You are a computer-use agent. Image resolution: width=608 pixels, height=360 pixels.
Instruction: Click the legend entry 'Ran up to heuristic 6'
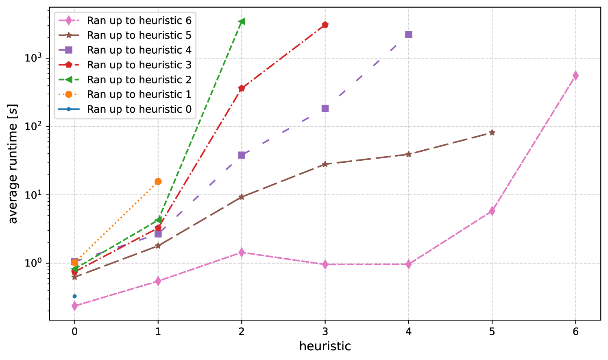click(x=139, y=21)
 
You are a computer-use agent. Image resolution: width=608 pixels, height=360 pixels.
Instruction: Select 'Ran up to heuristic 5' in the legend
click(x=139, y=35)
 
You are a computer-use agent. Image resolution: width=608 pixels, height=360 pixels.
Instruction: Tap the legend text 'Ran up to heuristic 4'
click(x=139, y=50)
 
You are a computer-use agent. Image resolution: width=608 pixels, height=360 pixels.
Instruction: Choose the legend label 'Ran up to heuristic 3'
click(x=139, y=65)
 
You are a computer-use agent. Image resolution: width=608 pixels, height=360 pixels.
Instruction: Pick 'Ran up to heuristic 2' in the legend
click(x=139, y=80)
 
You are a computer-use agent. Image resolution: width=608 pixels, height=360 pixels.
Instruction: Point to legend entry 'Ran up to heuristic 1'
click(x=139, y=94)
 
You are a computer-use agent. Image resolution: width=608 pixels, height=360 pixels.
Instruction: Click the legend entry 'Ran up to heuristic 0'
click(x=139, y=109)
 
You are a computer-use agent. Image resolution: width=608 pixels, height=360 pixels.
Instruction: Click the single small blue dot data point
click(x=74, y=296)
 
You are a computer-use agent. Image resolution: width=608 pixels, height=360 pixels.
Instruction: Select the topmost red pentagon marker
click(x=325, y=25)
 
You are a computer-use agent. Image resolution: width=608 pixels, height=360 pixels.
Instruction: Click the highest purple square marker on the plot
click(x=409, y=35)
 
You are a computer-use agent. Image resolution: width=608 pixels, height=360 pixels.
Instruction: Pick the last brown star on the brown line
click(x=492, y=133)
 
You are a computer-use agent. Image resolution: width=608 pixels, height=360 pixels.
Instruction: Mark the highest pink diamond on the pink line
click(x=575, y=75)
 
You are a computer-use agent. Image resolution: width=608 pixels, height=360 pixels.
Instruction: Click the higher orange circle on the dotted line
click(x=158, y=181)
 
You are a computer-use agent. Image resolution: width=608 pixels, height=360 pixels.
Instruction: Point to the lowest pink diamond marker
click(x=74, y=306)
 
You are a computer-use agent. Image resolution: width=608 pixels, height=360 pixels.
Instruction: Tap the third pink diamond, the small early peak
click(x=242, y=252)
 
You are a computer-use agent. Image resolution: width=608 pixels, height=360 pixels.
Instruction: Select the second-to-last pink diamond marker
click(x=492, y=211)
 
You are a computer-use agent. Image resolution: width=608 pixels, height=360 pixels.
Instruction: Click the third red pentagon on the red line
click(x=242, y=88)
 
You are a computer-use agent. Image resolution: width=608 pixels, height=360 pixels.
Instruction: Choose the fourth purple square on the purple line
click(x=325, y=109)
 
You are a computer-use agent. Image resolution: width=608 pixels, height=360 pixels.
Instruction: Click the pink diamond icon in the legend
click(x=69, y=21)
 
